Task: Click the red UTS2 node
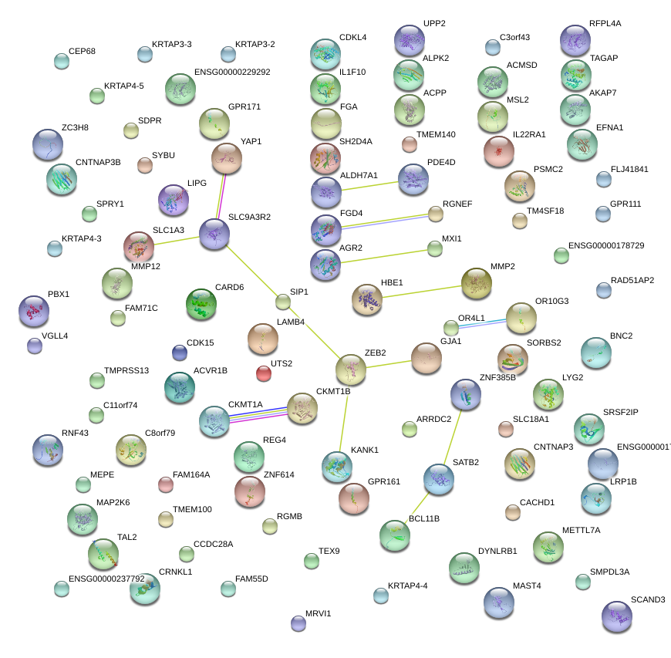click(x=264, y=374)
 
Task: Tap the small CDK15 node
click(x=179, y=353)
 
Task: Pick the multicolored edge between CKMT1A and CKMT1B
click(x=258, y=413)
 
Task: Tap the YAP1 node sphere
click(x=227, y=159)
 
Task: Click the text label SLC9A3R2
click(x=249, y=217)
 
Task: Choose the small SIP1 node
click(x=282, y=302)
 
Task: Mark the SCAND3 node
click(x=616, y=616)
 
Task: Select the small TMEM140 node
click(x=409, y=143)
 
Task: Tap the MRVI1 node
click(x=298, y=623)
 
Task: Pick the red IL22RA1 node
click(x=498, y=151)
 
